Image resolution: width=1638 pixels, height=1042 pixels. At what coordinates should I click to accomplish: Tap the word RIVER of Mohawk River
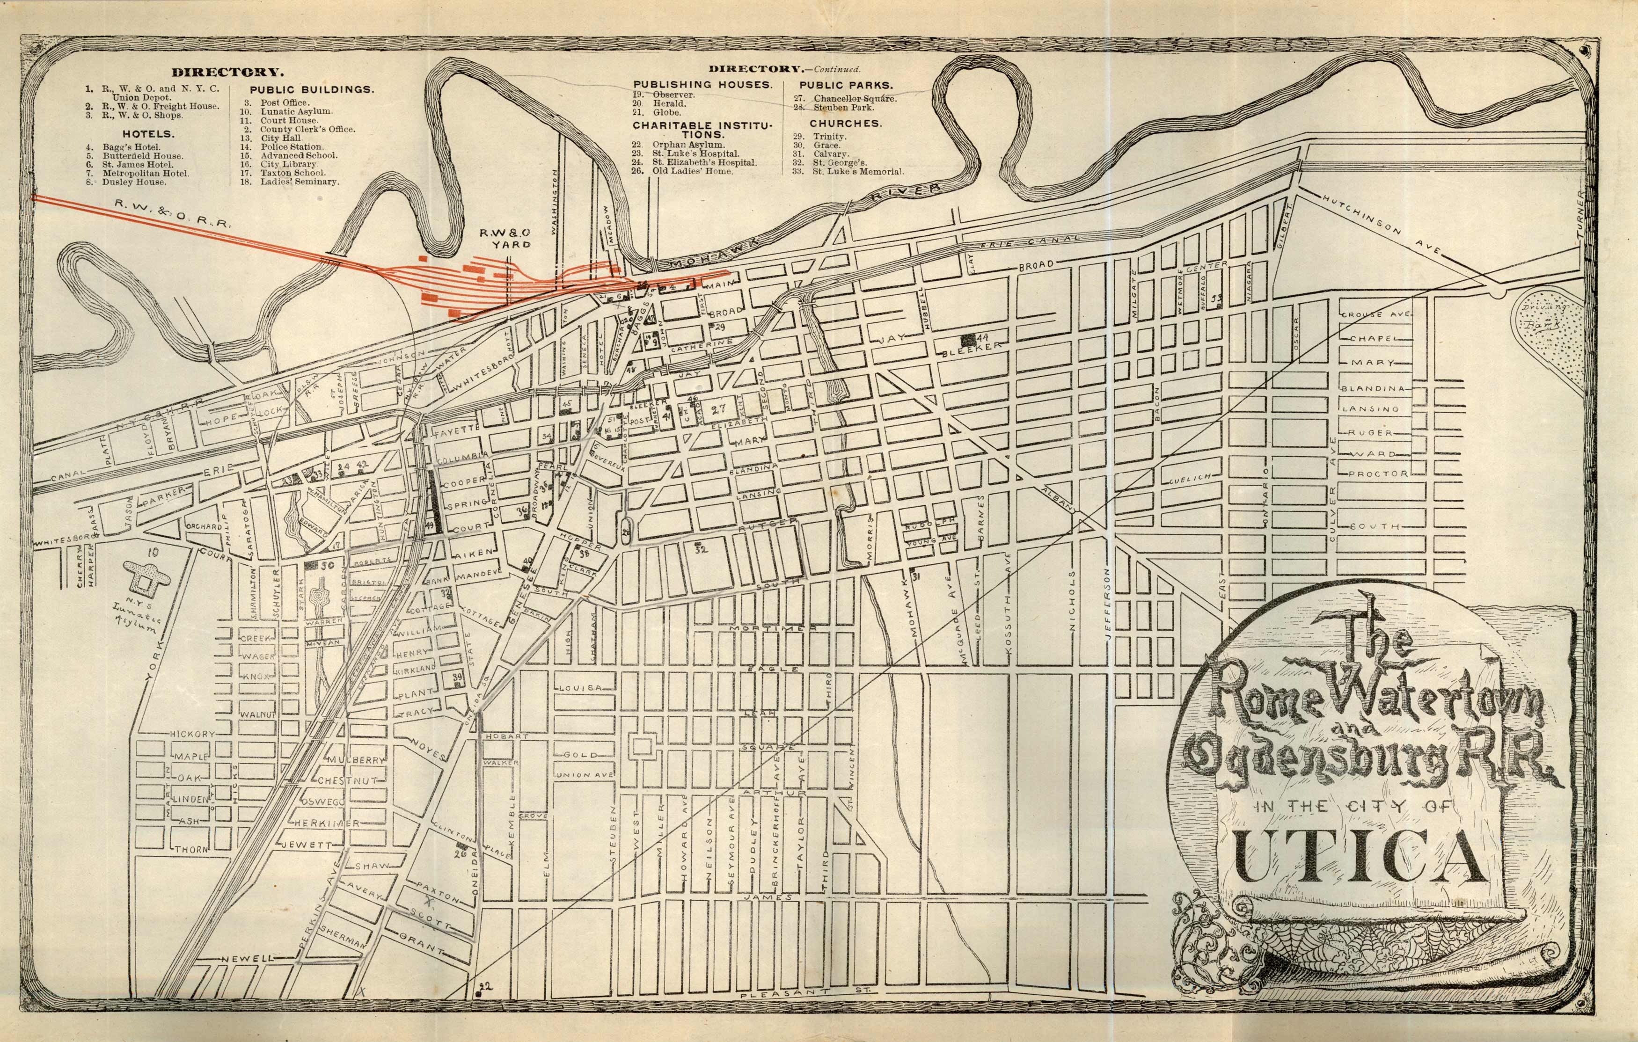(909, 193)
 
